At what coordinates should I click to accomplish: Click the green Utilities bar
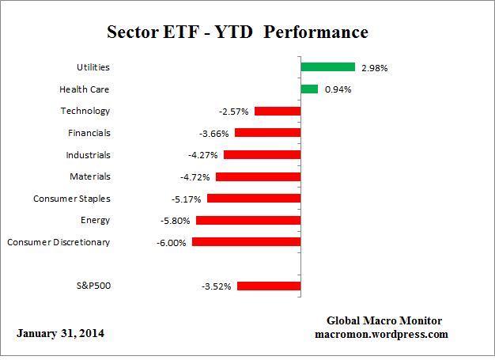pyautogui.click(x=327, y=67)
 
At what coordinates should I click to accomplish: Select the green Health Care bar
pyautogui.click(x=309, y=89)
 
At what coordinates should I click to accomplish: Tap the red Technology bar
pyautogui.click(x=277, y=111)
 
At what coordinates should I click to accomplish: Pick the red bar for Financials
pyautogui.click(x=267, y=133)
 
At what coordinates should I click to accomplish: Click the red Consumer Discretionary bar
pyautogui.click(x=246, y=242)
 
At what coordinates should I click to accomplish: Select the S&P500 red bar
pyautogui.click(x=268, y=286)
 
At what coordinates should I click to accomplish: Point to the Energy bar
pyautogui.click(x=248, y=220)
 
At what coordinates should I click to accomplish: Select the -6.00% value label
pyautogui.click(x=172, y=243)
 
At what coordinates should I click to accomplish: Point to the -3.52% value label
pyautogui.click(x=216, y=286)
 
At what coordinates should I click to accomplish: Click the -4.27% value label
pyautogui.click(x=203, y=155)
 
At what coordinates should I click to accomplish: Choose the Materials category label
pyautogui.click(x=89, y=176)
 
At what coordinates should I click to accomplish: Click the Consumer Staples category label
pyautogui.click(x=72, y=199)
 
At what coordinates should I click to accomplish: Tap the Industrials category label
pyautogui.click(x=88, y=155)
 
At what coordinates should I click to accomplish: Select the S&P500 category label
pyautogui.click(x=91, y=286)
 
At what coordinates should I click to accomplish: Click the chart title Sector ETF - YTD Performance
pyautogui.click(x=237, y=32)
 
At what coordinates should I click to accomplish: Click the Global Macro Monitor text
pyautogui.click(x=384, y=320)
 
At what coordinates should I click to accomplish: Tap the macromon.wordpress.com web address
pyautogui.click(x=383, y=334)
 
